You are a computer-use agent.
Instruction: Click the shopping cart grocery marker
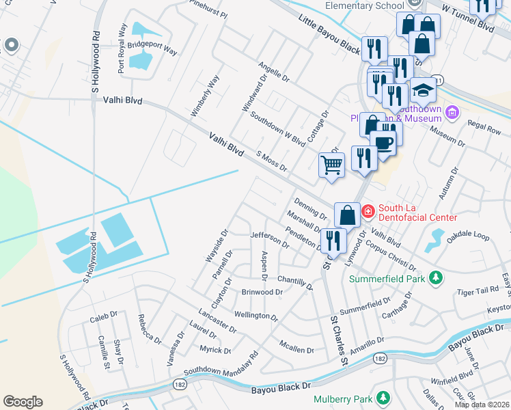(331, 164)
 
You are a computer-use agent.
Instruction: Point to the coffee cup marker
(383, 143)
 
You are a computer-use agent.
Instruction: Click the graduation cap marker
(423, 91)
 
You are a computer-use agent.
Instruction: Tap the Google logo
(23, 402)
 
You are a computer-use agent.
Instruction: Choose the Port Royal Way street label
(123, 49)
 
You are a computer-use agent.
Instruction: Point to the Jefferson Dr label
(270, 239)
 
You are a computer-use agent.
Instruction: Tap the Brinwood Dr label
(262, 292)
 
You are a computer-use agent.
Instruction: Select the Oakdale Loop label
(468, 236)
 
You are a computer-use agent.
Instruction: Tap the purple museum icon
(451, 112)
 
